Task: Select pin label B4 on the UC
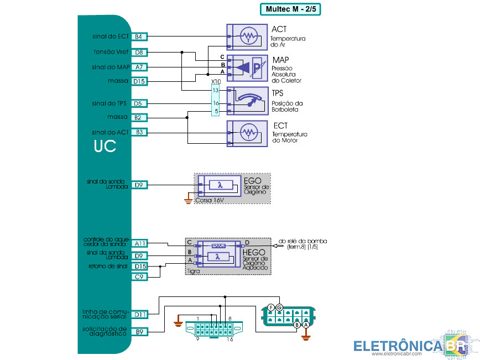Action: pos(139,36)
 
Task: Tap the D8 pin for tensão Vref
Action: pos(139,52)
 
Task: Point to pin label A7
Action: pos(139,67)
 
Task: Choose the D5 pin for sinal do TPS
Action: pos(139,103)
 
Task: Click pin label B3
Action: pos(139,132)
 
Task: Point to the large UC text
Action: pos(105,147)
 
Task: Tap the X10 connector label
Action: pos(216,82)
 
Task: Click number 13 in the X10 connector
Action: pos(216,90)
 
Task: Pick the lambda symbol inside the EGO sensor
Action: pos(220,185)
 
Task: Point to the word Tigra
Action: pos(194,271)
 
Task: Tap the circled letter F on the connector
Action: pos(271,307)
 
